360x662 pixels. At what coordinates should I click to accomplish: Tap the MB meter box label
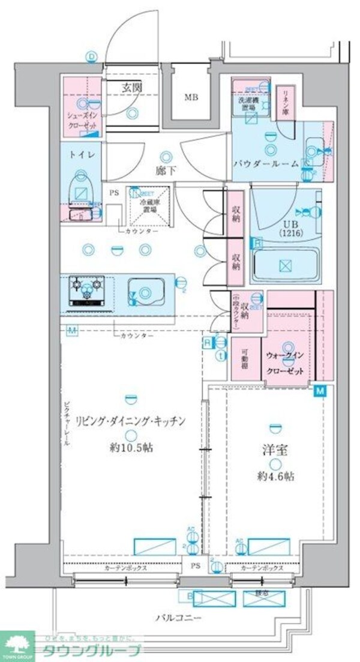click(x=191, y=98)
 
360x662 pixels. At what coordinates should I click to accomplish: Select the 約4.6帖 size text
click(x=275, y=476)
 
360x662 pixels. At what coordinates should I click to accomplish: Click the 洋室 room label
click(x=275, y=449)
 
